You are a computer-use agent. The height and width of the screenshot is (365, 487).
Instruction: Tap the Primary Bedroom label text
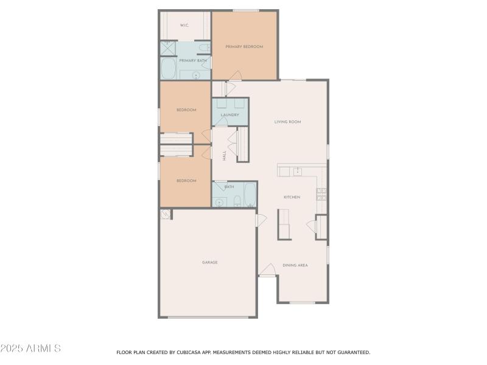pos(244,46)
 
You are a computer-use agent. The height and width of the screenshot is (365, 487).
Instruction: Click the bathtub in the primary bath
pos(169,69)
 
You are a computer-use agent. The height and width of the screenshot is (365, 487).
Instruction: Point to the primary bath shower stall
pos(167,48)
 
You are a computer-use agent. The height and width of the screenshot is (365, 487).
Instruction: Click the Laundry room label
pos(229,114)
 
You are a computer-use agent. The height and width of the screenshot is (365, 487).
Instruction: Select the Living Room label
pos(287,122)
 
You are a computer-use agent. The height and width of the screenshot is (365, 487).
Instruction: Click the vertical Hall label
pos(224,156)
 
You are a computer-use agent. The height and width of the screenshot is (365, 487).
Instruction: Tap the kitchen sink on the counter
pos(297,171)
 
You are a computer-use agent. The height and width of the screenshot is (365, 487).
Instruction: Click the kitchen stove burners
pos(321,194)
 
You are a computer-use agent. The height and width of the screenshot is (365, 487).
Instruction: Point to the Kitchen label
pos(292,197)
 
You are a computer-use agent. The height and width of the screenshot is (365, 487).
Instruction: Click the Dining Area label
pos(295,265)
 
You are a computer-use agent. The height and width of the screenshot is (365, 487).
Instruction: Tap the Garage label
pos(209,262)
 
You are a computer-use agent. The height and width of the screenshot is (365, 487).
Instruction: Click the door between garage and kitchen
pos(261,220)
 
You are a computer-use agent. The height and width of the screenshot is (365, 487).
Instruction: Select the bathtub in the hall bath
pos(250,194)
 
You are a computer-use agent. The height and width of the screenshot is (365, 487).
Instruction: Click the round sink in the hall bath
pos(220,202)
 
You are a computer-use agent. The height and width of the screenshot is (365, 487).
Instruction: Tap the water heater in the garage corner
pos(165,214)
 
